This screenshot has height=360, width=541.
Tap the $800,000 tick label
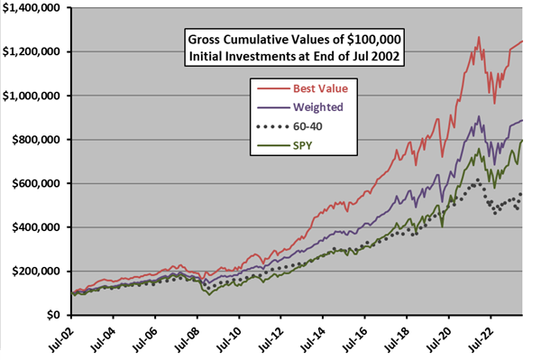tap(41, 140)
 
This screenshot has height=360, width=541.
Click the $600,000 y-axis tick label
tap(41, 184)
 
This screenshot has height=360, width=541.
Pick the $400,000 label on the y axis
tap(41, 227)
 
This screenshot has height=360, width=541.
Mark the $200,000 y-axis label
tap(41, 272)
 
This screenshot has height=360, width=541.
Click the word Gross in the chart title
tap(208, 39)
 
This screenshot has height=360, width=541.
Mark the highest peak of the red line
tap(479, 37)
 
